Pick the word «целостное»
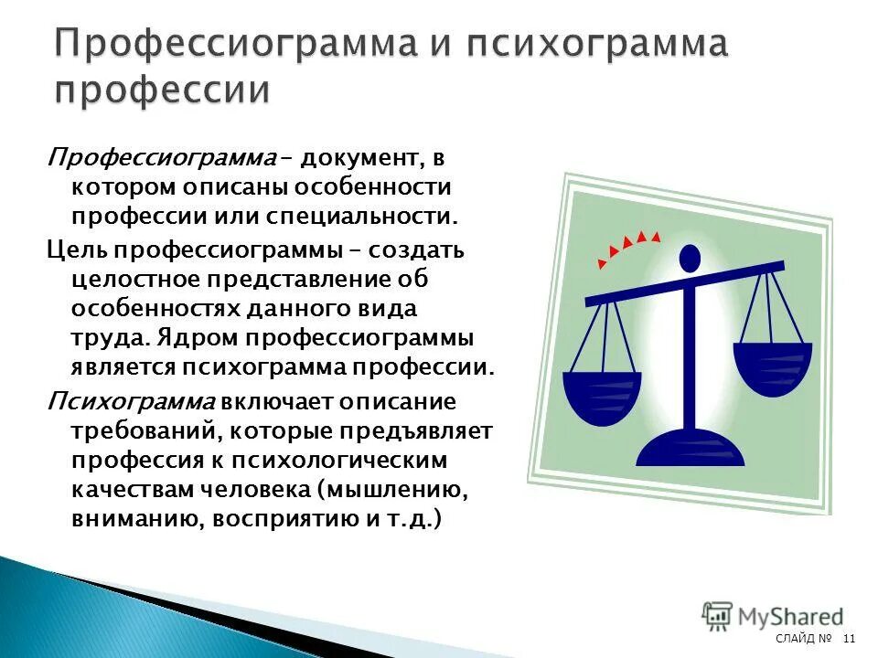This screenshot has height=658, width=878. (x=120, y=278)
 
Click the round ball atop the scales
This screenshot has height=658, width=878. (x=691, y=258)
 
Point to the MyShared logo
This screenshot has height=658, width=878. (x=773, y=616)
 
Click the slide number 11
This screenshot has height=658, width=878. (x=849, y=637)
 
